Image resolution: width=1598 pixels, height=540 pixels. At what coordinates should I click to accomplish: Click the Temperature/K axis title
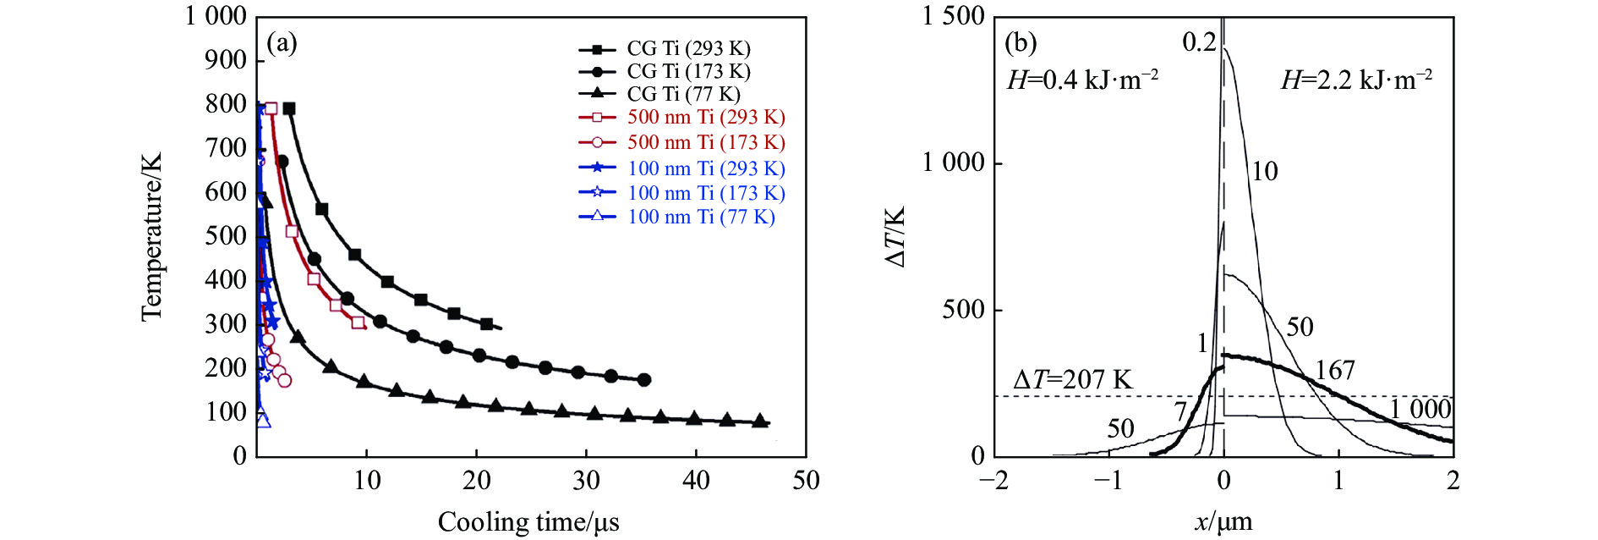point(151,237)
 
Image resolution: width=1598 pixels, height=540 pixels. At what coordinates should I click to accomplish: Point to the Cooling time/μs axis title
point(528,522)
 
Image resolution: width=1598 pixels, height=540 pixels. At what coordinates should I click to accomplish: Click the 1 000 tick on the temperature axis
point(216,16)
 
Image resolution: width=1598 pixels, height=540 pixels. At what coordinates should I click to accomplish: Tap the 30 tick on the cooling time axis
point(586,481)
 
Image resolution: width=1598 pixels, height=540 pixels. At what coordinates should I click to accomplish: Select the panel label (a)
point(282,42)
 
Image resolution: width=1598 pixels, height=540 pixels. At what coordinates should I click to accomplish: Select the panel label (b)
point(1021,42)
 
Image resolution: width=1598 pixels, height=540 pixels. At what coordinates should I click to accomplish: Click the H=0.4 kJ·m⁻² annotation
point(1082,80)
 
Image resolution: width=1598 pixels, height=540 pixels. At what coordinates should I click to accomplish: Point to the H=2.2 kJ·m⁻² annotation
point(1356,80)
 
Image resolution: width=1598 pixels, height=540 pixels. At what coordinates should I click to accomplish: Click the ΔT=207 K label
point(1072,380)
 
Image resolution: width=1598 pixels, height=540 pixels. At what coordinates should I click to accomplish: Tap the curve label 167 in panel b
point(1335,370)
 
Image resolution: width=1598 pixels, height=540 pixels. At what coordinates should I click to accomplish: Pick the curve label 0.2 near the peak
point(1199,42)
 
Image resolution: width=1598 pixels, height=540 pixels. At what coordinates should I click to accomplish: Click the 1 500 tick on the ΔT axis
point(954,16)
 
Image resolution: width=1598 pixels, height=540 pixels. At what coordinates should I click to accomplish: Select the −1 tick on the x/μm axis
point(1108,481)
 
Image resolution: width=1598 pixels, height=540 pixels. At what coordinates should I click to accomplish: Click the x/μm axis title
point(1223,522)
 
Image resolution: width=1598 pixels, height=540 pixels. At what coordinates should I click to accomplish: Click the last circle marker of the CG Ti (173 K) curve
point(644,380)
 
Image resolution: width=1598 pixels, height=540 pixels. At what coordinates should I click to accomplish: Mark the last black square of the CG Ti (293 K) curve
point(486,324)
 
